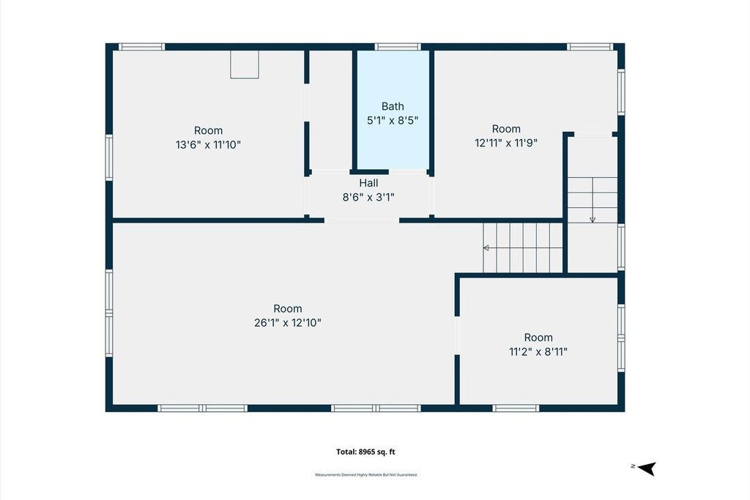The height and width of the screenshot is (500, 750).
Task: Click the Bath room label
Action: [393, 106]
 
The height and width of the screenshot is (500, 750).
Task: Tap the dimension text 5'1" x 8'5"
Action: [393, 121]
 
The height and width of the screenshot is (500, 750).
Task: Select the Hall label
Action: [368, 182]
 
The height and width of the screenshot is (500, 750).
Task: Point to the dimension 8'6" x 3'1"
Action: [368, 197]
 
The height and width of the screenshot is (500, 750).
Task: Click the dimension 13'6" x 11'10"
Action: [208, 144]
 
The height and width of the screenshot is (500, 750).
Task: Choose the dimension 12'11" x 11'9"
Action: [506, 143]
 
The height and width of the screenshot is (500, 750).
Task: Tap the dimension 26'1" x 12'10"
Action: [287, 323]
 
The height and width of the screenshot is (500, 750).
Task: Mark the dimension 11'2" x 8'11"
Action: [538, 352]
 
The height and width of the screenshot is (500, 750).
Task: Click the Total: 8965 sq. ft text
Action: [365, 452]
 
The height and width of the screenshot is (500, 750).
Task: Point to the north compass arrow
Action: [647, 469]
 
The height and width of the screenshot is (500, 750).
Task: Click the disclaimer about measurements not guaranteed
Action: [366, 474]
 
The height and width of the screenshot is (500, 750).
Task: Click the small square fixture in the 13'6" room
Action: [245, 64]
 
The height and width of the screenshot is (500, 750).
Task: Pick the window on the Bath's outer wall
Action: [398, 47]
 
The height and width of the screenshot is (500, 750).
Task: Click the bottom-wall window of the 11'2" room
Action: [516, 408]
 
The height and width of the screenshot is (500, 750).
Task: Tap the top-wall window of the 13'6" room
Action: [141, 47]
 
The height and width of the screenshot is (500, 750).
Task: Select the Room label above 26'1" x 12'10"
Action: [287, 308]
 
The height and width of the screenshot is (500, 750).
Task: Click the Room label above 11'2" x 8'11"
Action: [538, 337]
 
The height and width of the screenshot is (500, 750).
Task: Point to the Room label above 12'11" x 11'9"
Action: [506, 129]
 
